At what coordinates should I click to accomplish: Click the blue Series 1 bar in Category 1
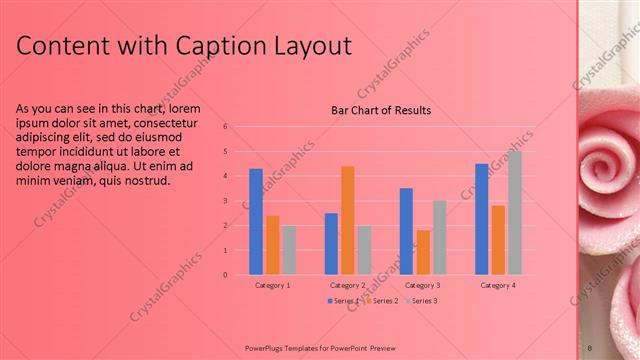[x=256, y=221]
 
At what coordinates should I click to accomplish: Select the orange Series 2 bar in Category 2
[x=347, y=220]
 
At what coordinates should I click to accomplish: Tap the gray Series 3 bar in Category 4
[x=514, y=212]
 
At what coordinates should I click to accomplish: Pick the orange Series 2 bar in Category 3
[x=423, y=252]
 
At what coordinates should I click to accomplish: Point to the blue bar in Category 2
[x=331, y=243]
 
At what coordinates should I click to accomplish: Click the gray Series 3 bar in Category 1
[x=288, y=249]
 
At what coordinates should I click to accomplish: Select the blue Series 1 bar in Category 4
[x=482, y=218]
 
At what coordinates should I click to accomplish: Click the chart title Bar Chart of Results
[x=381, y=110]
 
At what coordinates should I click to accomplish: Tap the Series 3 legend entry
[x=421, y=300]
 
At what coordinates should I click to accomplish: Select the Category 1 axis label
[x=272, y=285]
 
